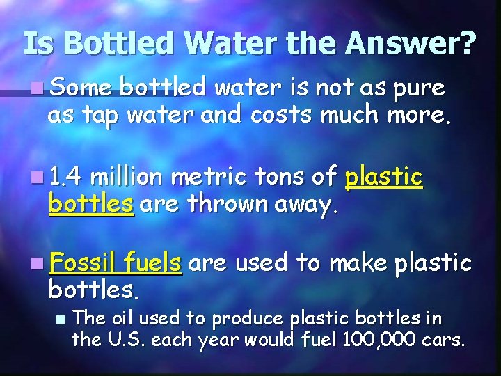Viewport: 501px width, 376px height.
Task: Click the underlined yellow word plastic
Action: point(383,178)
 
